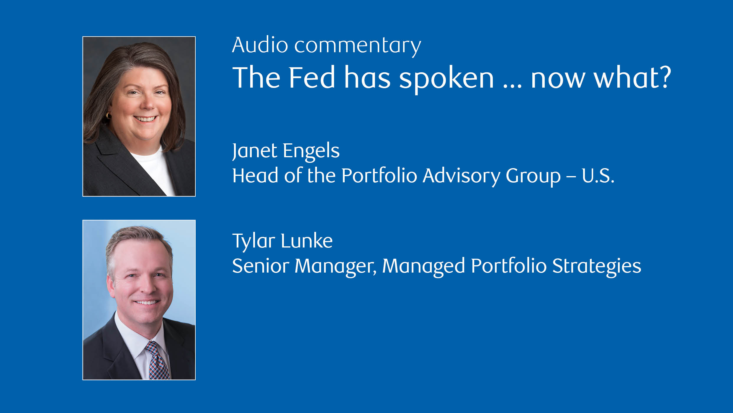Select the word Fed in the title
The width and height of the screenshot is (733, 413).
pyautogui.click(x=312, y=77)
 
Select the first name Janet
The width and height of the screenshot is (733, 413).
pyautogui.click(x=255, y=151)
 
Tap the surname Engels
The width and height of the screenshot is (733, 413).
pyautogui.click(x=311, y=151)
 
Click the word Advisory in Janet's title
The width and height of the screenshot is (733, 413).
pyautogui.click(x=462, y=176)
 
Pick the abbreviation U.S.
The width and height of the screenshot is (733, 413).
pyautogui.click(x=598, y=176)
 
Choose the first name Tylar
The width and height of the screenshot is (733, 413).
pyautogui.click(x=254, y=242)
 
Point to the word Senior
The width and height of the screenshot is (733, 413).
pyautogui.click(x=261, y=266)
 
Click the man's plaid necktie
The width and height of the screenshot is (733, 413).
pyautogui.click(x=158, y=360)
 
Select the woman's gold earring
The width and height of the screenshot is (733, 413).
pyautogui.click(x=108, y=115)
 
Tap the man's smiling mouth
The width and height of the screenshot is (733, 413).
pyautogui.click(x=147, y=302)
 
